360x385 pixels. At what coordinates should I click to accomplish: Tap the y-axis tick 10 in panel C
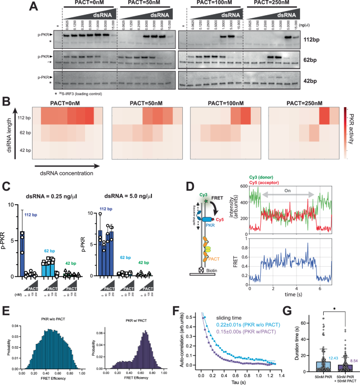pos(19,190)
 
